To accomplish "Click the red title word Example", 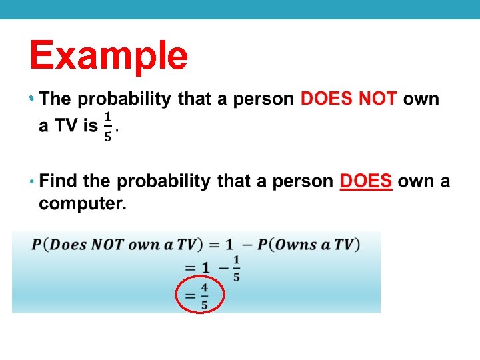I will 109,55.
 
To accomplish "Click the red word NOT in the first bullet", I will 378,99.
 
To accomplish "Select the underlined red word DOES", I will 365,181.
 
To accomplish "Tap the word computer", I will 82,204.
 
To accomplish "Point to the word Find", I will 58,181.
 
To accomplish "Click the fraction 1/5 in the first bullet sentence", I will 108,127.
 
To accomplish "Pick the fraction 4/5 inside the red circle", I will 204,296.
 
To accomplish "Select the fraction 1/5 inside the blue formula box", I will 236,268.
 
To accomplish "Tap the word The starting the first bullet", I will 55,99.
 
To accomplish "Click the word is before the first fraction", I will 90,127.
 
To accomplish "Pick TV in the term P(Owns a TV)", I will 341,244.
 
